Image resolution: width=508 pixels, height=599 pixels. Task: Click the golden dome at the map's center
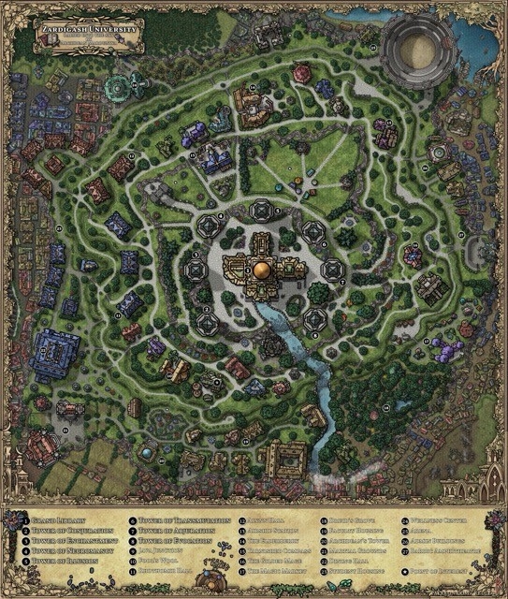click(261, 270)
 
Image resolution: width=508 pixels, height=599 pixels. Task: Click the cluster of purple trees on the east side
click(447, 350)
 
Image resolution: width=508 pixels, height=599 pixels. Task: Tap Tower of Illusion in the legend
click(62, 562)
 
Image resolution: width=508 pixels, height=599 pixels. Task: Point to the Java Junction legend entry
click(163, 551)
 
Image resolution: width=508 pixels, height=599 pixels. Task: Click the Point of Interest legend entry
click(441, 573)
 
